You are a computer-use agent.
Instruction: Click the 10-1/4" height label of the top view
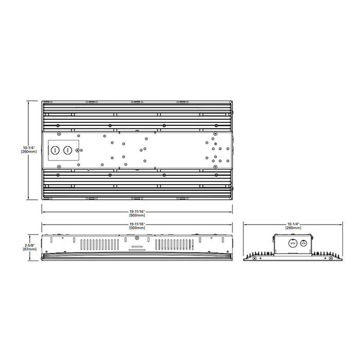(29, 147)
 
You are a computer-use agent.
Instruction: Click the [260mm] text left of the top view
(29, 152)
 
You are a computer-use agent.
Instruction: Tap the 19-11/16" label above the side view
(137, 225)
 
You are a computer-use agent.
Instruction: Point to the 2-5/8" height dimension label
(29, 245)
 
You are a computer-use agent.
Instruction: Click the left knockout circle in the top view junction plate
(55, 150)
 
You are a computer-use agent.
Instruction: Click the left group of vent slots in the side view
(97, 245)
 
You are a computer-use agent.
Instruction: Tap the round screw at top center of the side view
(136, 238)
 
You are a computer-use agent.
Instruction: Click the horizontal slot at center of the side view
(136, 247)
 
